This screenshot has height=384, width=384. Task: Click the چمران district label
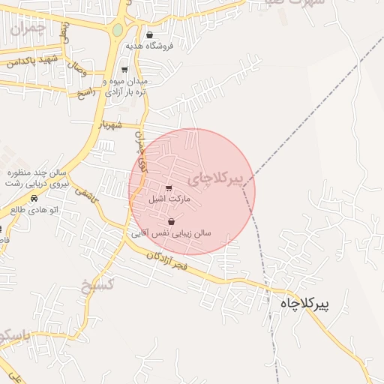point(28,28)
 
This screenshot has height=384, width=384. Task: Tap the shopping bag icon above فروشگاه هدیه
point(149,35)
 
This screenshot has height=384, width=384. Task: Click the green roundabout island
point(117,30)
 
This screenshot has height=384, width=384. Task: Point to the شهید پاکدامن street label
point(32,61)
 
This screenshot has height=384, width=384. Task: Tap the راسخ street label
point(87,92)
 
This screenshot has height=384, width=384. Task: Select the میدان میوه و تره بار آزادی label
point(124,86)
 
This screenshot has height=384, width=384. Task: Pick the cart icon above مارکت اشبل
point(168,188)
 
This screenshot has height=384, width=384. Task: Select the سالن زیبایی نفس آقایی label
point(172,233)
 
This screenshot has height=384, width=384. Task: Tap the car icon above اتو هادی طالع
point(34,199)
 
